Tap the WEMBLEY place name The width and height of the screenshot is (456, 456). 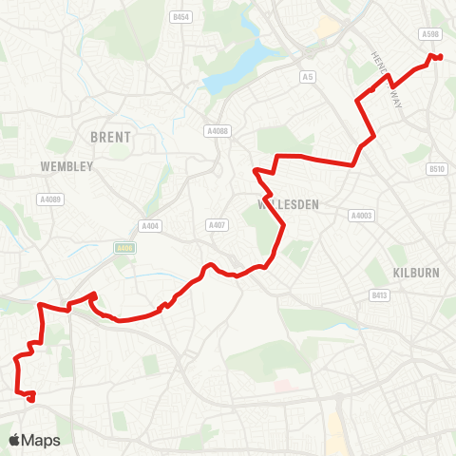(x=67, y=166)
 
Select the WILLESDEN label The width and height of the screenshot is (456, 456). (x=288, y=204)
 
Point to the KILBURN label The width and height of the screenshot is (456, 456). (x=416, y=272)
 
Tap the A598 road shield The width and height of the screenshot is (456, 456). (x=429, y=34)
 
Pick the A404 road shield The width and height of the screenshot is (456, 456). (x=150, y=225)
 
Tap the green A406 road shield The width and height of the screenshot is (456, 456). (x=123, y=248)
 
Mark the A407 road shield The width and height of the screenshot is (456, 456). (x=216, y=225)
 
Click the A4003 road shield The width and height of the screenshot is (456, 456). (x=360, y=215)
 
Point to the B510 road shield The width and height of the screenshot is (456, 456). (x=436, y=169)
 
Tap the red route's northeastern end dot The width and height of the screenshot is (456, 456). (x=440, y=58)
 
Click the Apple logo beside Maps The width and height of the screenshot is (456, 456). (x=15, y=440)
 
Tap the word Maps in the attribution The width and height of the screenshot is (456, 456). (x=42, y=440)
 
